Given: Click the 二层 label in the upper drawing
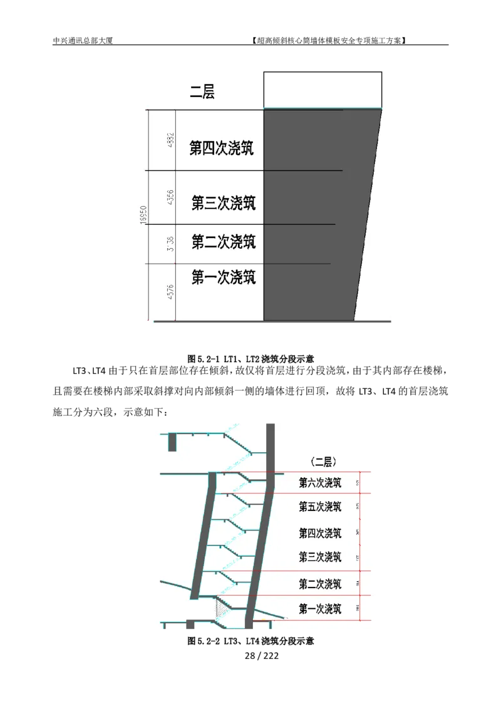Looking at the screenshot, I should pyautogui.click(x=202, y=93).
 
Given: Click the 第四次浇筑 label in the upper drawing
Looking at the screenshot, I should pyautogui.click(x=222, y=148).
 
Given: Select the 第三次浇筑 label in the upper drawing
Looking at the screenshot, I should pyautogui.click(x=224, y=203).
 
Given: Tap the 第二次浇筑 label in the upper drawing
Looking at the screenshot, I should pyautogui.click(x=224, y=242).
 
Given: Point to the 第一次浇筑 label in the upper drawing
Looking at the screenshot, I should pyautogui.click(x=224, y=277).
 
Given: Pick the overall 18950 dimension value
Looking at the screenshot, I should pyautogui.click(x=143, y=214).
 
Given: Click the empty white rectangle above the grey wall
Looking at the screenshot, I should pyautogui.click(x=323, y=90).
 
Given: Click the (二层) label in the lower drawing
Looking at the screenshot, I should pyautogui.click(x=323, y=462).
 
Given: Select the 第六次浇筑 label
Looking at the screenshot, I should pyautogui.click(x=320, y=483).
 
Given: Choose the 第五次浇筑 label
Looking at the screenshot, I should pyautogui.click(x=320, y=506).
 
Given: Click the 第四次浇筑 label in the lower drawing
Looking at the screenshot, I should pyautogui.click(x=320, y=533).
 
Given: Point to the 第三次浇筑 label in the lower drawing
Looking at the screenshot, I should pyautogui.click(x=320, y=556).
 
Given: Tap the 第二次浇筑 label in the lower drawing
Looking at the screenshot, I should pyautogui.click(x=320, y=584).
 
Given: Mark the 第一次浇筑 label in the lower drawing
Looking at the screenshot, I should pyautogui.click(x=320, y=609).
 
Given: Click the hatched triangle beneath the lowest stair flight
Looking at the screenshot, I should pyautogui.click(x=221, y=609).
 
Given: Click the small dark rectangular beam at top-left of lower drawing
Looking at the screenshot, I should pyautogui.click(x=172, y=442).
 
